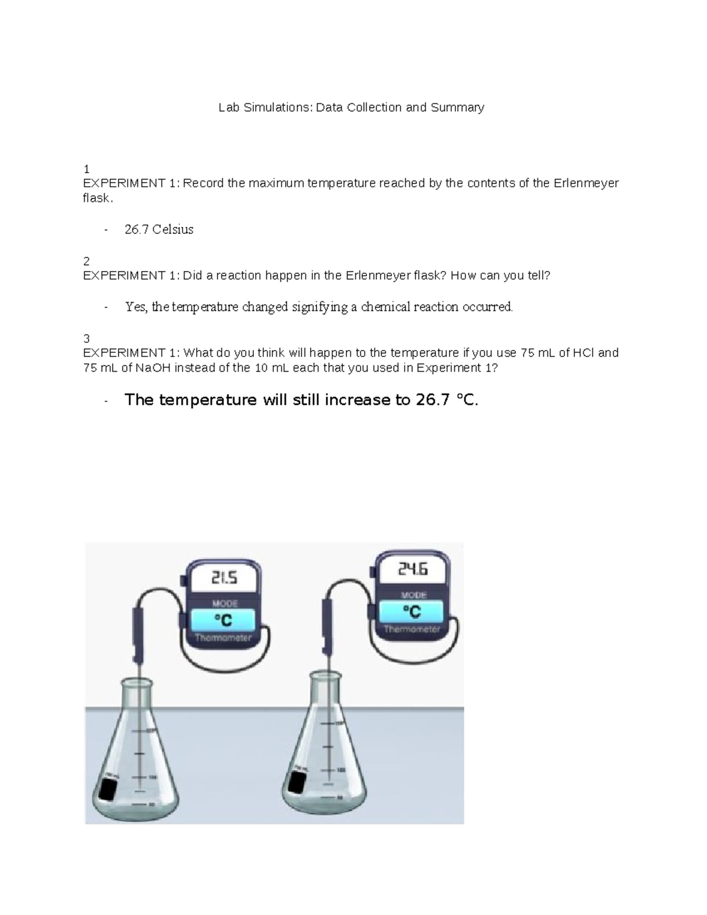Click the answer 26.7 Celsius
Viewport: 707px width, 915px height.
(x=159, y=230)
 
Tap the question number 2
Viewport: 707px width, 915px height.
(x=87, y=261)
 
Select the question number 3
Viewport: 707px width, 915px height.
(x=87, y=338)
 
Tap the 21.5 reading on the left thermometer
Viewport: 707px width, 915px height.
(x=224, y=579)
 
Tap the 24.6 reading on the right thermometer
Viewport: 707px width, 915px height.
(x=413, y=569)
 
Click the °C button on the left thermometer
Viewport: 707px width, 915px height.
(x=223, y=620)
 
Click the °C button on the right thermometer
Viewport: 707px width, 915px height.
(x=413, y=612)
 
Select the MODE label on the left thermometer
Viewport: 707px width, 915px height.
(x=224, y=603)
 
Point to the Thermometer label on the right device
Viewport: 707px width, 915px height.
(x=412, y=629)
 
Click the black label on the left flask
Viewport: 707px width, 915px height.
(x=108, y=790)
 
